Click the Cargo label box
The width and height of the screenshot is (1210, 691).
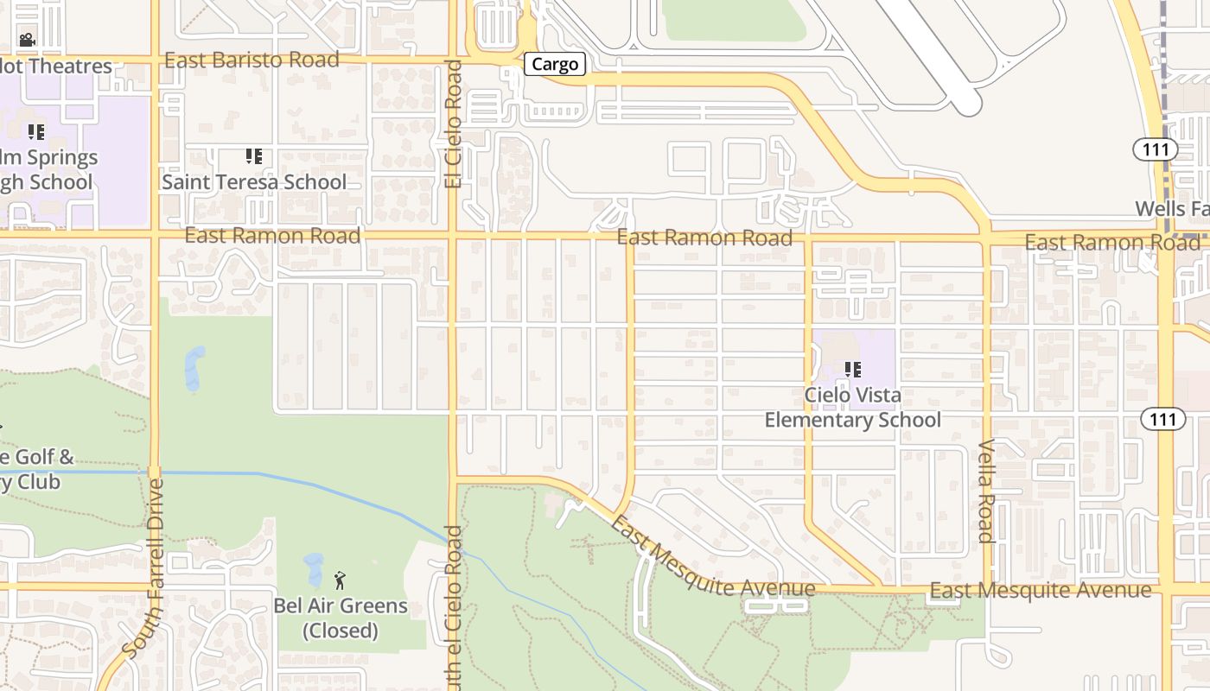coord(555,64)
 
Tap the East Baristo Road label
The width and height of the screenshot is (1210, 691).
coord(252,60)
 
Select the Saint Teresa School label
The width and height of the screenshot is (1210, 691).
coord(254,182)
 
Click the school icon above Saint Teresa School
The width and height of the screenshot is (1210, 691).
coord(253,156)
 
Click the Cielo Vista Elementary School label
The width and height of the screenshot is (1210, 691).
coord(852,408)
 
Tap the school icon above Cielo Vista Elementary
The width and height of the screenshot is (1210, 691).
coord(853,370)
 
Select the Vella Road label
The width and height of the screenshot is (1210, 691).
coord(986,491)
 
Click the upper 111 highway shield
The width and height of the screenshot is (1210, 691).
coord(1155,149)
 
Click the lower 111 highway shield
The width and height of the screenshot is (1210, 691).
coord(1162,419)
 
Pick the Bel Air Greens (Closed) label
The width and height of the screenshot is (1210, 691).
coord(341,618)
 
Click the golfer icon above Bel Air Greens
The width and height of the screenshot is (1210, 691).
coord(340,580)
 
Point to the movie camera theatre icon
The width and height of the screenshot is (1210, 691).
coord(27,40)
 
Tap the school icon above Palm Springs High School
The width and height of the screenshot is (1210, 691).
coord(35,132)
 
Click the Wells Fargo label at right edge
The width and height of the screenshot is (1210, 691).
coord(1172,208)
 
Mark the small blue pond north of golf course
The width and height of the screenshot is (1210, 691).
coord(195,368)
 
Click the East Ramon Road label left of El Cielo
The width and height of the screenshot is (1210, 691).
coord(272,236)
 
